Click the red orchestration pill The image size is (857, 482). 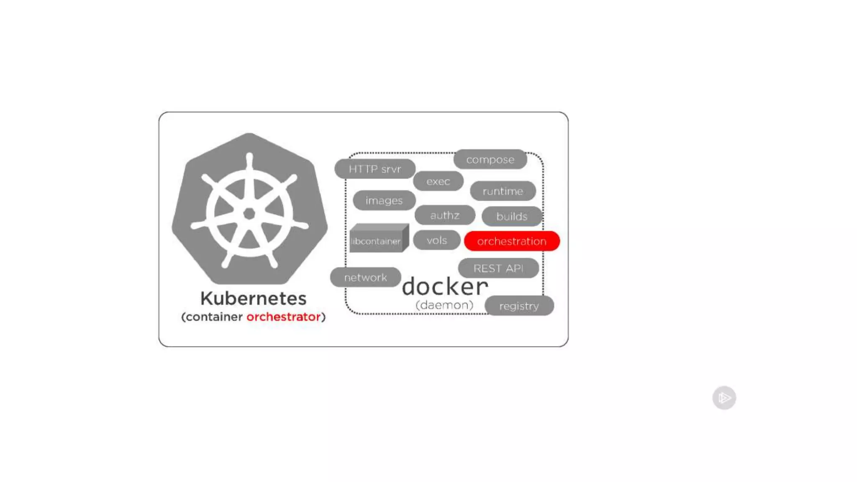click(x=511, y=241)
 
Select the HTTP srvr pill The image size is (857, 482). click(x=375, y=169)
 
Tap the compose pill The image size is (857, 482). click(x=490, y=159)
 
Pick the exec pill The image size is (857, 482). click(x=438, y=181)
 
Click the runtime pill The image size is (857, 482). click(x=503, y=191)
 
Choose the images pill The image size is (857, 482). click(x=384, y=200)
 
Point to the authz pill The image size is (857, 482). click(x=445, y=215)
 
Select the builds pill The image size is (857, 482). click(x=511, y=216)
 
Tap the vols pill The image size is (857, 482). click(x=436, y=240)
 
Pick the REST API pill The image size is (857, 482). click(x=498, y=268)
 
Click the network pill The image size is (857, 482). click(x=365, y=277)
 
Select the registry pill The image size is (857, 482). click(x=519, y=306)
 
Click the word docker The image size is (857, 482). click(x=445, y=287)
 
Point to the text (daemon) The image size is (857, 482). click(x=444, y=305)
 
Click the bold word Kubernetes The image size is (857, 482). click(x=253, y=298)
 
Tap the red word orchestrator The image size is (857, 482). click(x=283, y=317)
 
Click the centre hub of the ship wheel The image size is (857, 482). click(x=249, y=214)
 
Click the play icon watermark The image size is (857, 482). click(x=724, y=397)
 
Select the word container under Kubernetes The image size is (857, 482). click(x=214, y=317)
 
